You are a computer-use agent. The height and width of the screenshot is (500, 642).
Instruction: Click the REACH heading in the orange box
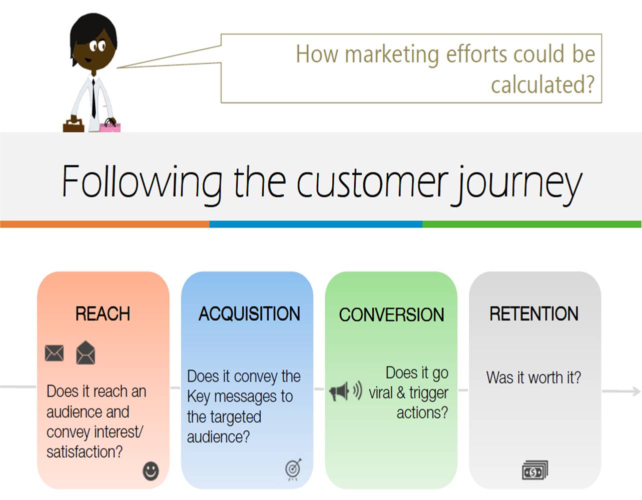coord(103,314)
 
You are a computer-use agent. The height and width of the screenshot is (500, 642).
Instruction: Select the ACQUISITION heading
coord(249,314)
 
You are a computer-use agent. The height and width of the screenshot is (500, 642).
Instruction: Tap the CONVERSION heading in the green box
coord(391,315)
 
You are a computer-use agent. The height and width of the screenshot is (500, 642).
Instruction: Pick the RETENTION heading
coord(534,314)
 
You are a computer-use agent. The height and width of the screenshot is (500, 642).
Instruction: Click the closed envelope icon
coord(54,353)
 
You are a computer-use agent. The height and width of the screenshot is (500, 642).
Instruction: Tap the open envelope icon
coord(86,353)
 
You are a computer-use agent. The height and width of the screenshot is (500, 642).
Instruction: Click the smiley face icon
coord(151,470)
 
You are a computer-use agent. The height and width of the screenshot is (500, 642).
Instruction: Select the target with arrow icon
coord(294,468)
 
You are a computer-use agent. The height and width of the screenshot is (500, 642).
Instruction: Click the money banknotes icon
coord(535,470)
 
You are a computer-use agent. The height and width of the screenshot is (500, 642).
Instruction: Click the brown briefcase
coord(73,124)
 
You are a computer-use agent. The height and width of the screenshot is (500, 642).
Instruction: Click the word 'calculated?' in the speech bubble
coord(542,84)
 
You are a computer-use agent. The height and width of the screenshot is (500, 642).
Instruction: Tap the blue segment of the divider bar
coord(315,224)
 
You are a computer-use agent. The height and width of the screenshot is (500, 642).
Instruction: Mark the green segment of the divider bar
coord(531,224)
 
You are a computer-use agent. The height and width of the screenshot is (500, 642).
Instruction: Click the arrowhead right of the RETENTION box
coord(635,390)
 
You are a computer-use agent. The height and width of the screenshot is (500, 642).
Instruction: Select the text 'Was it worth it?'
coord(533,377)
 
